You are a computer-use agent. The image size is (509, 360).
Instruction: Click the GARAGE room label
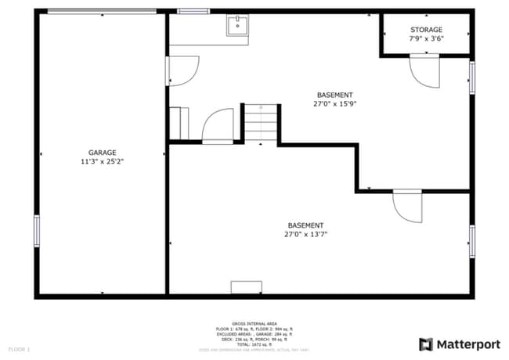pyautogui.click(x=102, y=153)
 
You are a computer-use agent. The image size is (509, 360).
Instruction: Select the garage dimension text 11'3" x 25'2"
pyautogui.click(x=102, y=161)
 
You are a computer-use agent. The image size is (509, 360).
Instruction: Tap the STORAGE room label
pyautogui.click(x=426, y=30)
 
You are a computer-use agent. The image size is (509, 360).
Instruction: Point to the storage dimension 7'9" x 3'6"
pyautogui.click(x=426, y=38)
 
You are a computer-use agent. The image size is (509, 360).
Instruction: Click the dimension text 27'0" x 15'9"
pyautogui.click(x=335, y=103)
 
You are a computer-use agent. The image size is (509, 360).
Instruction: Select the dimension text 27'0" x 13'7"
pyautogui.click(x=305, y=234)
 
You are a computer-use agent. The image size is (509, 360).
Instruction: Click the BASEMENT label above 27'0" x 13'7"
pyautogui.click(x=305, y=225)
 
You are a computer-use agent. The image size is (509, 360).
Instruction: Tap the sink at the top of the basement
pyautogui.click(x=237, y=27)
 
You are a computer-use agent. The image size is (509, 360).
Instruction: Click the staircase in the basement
pyautogui.click(x=261, y=123)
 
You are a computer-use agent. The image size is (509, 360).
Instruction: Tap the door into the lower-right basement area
pyautogui.click(x=407, y=205)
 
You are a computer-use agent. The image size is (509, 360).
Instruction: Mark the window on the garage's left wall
pyautogui.click(x=36, y=231)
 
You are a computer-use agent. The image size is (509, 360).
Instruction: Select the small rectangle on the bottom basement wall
pyautogui.click(x=246, y=287)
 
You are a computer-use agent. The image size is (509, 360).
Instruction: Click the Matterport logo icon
pyautogui.click(x=426, y=344)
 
